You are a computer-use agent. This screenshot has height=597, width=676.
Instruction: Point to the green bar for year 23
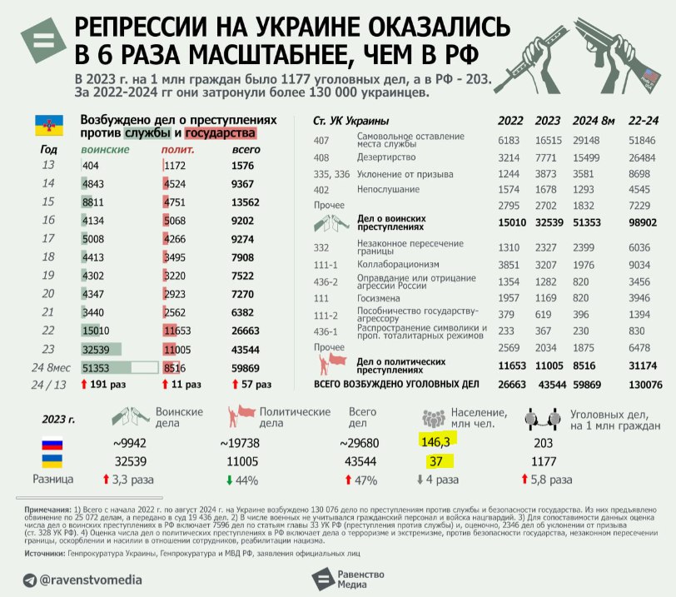[x=102, y=349]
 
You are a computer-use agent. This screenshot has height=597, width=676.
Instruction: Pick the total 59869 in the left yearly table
[x=249, y=366]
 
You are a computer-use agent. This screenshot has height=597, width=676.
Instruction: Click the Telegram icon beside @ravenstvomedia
[x=30, y=580]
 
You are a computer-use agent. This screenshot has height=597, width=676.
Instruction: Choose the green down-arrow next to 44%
[x=229, y=480]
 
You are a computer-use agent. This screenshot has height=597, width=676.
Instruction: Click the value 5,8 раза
[x=551, y=480]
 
